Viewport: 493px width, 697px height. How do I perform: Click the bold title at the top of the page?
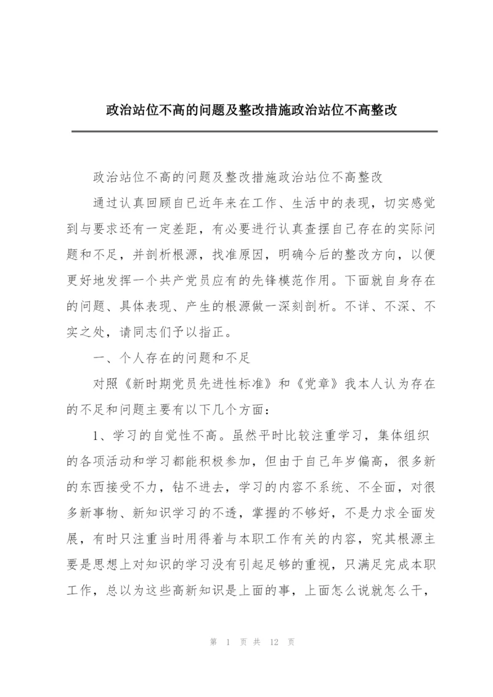[251, 111]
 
